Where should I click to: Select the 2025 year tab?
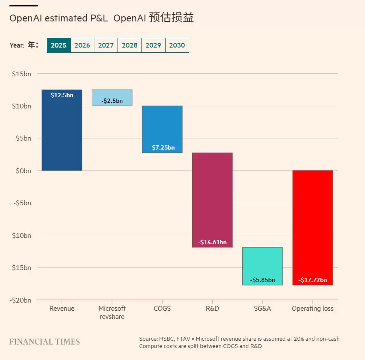click(58, 45)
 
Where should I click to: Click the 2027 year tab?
click(106, 45)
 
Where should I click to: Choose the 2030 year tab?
click(177, 45)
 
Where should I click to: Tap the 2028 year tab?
click(130, 45)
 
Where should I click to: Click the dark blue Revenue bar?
click(62, 133)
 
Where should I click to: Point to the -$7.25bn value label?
click(162, 147)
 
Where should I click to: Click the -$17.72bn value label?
click(313, 280)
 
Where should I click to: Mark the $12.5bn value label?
click(62, 95)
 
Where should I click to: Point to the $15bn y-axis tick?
click(21, 74)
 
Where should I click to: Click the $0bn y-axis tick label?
click(22, 171)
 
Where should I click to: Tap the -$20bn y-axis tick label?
click(20, 300)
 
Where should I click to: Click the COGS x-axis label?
click(162, 309)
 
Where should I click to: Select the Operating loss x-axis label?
click(313, 309)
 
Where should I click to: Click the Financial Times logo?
click(45, 342)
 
